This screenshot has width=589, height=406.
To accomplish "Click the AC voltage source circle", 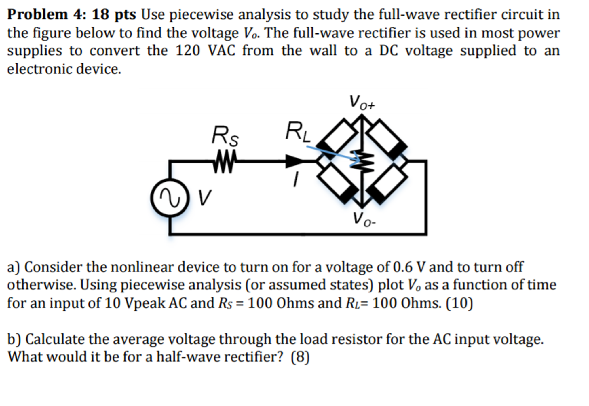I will (x=170, y=198).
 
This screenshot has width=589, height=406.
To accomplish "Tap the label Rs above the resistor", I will (x=225, y=135).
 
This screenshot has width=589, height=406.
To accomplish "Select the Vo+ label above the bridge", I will (x=362, y=102).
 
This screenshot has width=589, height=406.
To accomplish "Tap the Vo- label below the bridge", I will (x=364, y=219).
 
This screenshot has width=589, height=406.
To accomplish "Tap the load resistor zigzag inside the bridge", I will (x=362, y=161).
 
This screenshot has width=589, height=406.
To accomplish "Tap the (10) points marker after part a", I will (x=459, y=303).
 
